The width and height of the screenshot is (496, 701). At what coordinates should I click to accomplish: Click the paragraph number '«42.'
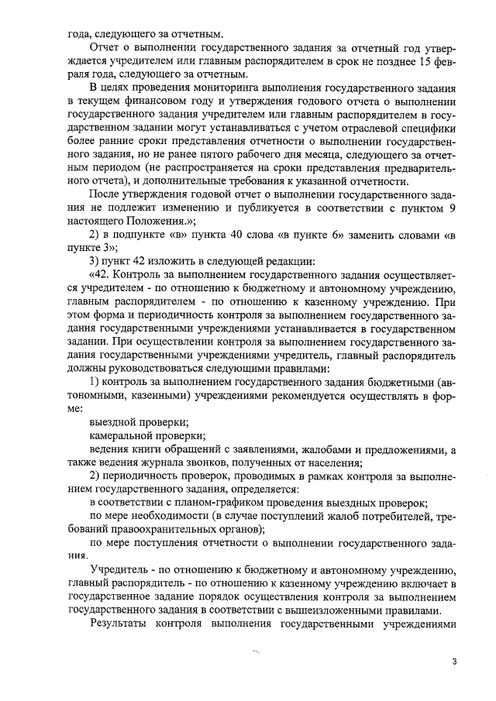coord(104,277)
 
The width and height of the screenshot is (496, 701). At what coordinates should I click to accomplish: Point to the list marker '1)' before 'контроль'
coord(96,382)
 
